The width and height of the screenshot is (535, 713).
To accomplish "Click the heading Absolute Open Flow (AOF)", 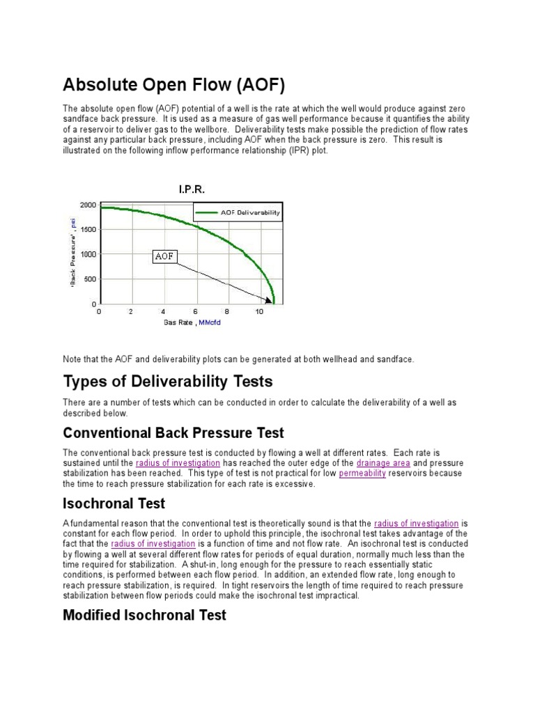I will [x=174, y=86].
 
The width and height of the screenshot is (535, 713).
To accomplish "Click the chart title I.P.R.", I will [x=192, y=189].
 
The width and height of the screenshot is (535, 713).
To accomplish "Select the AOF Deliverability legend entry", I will [x=238, y=212].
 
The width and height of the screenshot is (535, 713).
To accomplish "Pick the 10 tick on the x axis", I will [x=259, y=312].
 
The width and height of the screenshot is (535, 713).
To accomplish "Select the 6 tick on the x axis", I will [x=195, y=312].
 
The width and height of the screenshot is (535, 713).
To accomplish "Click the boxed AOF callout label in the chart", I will [x=164, y=257].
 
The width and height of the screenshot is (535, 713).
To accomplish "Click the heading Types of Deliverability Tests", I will [x=168, y=382].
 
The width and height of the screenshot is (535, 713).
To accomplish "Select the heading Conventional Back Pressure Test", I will [x=173, y=433].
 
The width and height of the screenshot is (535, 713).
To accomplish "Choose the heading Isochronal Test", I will [x=114, y=503].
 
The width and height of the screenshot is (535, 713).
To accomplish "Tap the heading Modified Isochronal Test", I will [x=144, y=615].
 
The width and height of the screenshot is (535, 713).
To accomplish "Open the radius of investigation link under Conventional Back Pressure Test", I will [x=178, y=463].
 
